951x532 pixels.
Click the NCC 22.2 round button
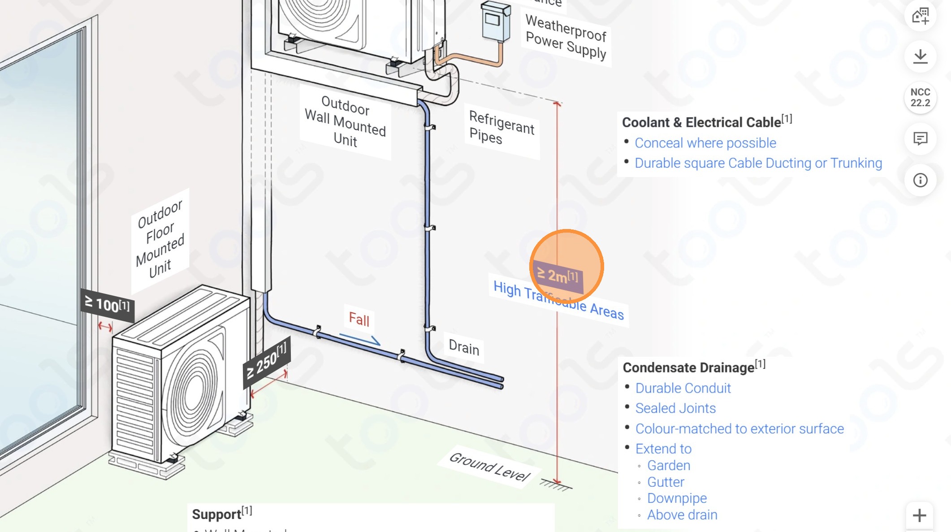(920, 98)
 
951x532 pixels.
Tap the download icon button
(920, 56)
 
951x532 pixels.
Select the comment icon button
(920, 139)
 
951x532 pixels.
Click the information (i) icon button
(920, 180)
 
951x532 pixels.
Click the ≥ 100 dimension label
(107, 305)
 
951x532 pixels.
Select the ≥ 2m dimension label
(558, 276)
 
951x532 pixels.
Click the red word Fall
(359, 320)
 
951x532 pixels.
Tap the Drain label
(464, 348)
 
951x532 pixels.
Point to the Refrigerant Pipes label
(501, 128)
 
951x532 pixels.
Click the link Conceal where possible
(705, 143)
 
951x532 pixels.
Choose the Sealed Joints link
(675, 408)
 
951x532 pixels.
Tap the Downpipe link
(677, 498)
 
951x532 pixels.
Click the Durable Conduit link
(683, 388)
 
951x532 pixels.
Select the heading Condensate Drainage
(688, 368)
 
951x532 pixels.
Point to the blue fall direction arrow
(360, 339)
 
